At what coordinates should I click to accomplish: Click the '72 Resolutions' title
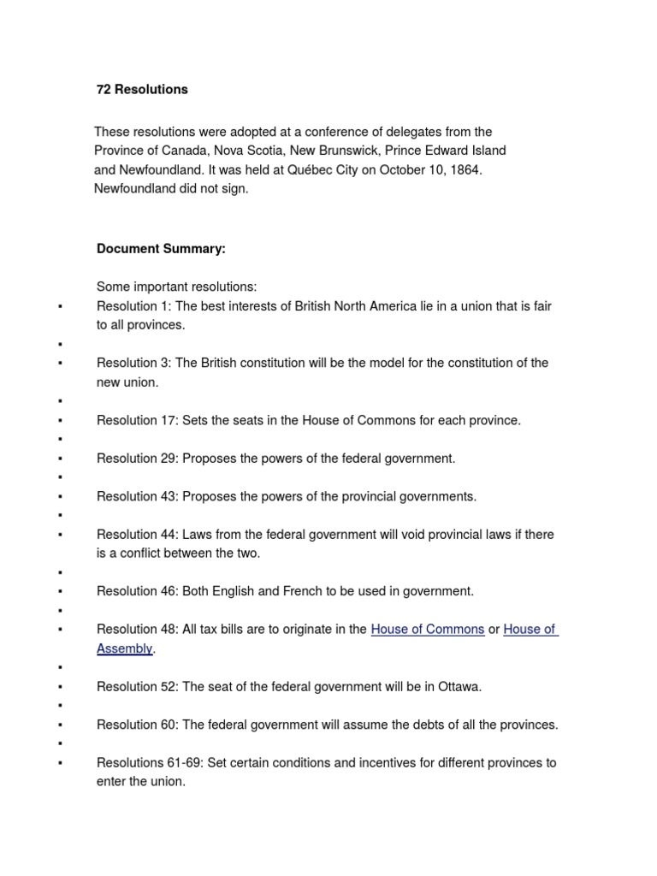(142, 89)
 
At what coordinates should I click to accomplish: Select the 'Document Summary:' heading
(161, 249)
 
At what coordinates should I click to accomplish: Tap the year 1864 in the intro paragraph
(464, 169)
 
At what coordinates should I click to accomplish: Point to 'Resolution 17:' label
(137, 421)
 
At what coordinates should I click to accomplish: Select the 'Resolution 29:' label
(137, 459)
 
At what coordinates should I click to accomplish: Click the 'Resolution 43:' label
(137, 496)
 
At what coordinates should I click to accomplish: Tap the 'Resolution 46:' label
(137, 591)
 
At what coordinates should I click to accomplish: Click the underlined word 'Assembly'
(124, 649)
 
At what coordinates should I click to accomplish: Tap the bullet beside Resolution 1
(60, 307)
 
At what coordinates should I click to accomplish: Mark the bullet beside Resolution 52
(60, 687)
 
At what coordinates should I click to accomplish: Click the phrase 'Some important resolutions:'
(176, 287)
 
